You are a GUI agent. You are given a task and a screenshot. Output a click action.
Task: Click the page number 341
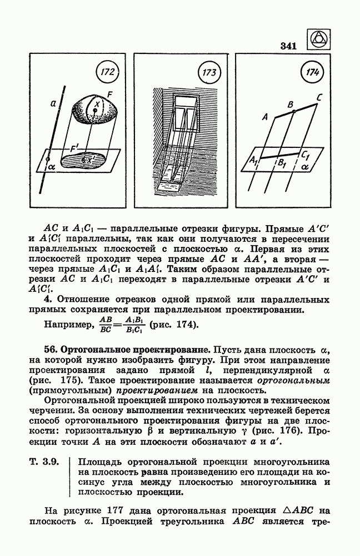point(288,46)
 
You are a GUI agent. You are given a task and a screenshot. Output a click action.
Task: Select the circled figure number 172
point(107,72)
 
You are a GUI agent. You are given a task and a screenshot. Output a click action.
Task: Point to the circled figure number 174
point(312,72)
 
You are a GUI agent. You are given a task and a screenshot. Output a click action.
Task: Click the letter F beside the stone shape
point(109,95)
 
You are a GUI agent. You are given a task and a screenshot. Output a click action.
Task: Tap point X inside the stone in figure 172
point(95,111)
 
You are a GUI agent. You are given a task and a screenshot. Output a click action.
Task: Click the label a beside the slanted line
point(53,103)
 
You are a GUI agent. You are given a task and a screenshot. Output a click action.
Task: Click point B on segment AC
point(294,111)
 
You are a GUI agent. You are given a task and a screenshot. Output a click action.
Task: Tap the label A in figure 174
point(265,117)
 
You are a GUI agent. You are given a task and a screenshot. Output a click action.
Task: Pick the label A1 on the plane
point(253,160)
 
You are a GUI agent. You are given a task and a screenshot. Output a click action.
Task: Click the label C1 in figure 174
point(306,155)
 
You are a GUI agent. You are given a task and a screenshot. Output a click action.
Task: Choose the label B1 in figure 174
point(282,163)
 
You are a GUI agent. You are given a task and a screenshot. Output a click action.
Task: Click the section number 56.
point(50,350)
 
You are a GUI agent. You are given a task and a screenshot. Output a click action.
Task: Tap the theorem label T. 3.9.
point(43,463)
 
